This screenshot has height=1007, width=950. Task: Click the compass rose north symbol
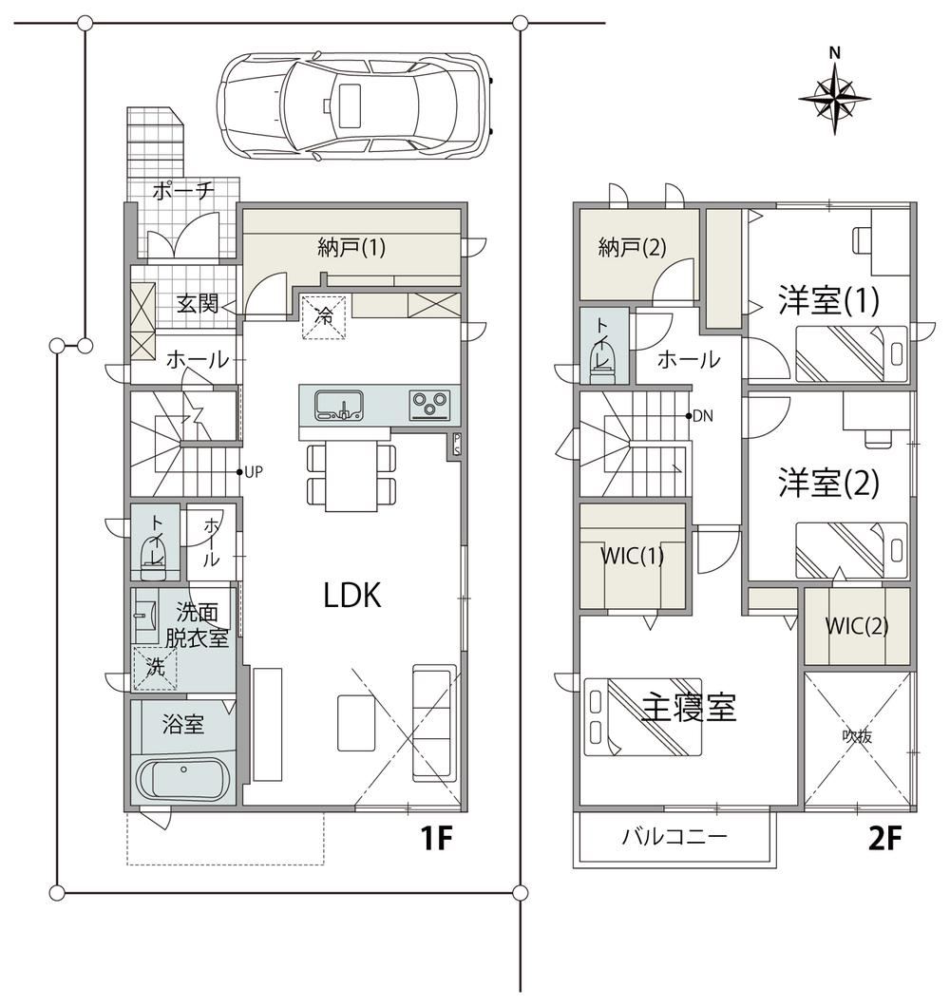coord(834,94)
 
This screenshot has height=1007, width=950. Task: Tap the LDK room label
coord(352,596)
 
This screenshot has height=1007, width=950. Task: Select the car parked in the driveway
coord(355,106)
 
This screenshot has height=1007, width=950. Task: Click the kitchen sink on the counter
coord(338,406)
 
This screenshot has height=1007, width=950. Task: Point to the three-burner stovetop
coord(429,406)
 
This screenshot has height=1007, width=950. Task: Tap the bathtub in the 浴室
coord(183,781)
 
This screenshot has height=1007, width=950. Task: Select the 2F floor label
coord(884,838)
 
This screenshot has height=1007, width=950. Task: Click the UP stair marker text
coord(254,472)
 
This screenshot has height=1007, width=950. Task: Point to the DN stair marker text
coord(703,416)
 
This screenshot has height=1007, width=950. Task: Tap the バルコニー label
coord(674,836)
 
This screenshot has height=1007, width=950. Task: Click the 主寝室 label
coord(689,707)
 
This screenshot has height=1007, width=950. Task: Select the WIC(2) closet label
coord(857,625)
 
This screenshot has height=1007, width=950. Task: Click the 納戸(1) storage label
coord(351,247)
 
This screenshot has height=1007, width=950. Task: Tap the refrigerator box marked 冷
coord(325,316)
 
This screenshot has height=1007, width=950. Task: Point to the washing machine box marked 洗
coord(155,668)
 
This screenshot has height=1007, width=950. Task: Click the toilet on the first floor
coord(154,558)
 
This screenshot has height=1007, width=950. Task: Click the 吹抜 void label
coord(857,736)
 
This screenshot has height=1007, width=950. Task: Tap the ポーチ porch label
coord(183,191)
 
